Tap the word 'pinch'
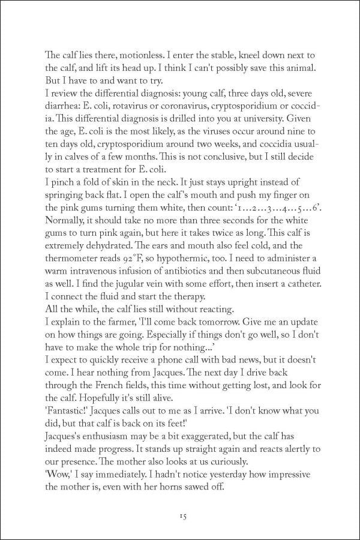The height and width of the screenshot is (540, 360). pos(65,181)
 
